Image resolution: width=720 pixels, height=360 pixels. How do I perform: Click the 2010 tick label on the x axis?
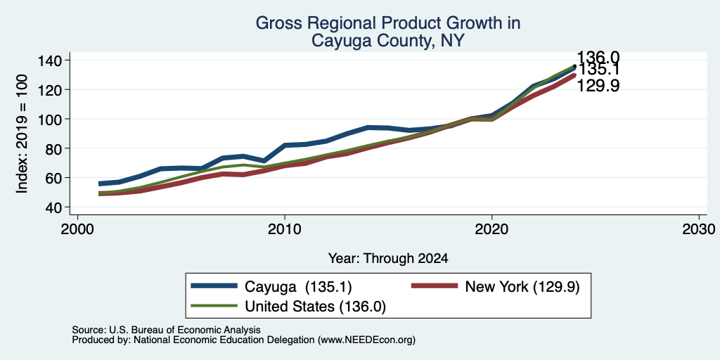coord(285,229)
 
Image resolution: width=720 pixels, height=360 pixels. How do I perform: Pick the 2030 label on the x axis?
coord(699,229)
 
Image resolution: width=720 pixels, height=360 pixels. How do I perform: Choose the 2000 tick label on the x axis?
coord(77,229)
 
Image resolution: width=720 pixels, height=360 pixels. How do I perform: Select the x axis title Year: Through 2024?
coord(388,259)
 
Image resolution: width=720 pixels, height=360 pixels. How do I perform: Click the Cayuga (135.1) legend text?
coord(298,287)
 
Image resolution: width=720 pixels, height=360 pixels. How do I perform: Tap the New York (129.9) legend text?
coord(522,287)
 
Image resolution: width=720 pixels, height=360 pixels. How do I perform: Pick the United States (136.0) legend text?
coord(316,307)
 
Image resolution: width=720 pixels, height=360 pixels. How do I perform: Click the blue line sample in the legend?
coord(214,286)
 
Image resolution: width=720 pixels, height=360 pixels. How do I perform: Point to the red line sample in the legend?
coord(435,286)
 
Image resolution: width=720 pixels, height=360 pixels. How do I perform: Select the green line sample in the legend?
coord(214,306)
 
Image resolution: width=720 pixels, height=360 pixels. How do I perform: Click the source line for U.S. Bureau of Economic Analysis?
coord(166,330)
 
